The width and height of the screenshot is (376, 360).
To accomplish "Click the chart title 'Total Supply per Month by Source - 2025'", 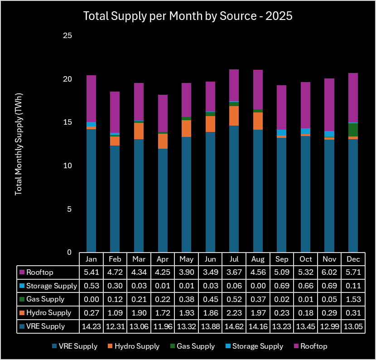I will coord(188,16).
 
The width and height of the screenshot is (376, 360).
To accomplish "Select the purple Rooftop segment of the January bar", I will coord(91,98).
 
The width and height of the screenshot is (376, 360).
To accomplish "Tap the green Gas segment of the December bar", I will coord(353,130).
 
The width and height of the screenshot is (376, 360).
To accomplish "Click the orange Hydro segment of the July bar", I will coord(234,116).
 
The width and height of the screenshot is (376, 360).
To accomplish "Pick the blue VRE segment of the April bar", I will coord(163,200).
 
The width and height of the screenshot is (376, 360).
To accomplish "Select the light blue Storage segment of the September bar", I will coord(281,132).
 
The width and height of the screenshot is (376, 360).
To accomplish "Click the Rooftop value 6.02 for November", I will coord(329,272).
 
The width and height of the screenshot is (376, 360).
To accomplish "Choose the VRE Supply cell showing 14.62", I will coord(234,326).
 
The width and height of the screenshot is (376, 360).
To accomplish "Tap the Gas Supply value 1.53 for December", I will coord(353,299).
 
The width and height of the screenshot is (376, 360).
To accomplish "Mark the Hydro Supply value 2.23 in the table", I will coord(234,313).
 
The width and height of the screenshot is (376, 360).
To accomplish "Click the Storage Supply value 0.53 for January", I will coord(91,286).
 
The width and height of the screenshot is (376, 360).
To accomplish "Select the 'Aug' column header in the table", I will coord(258,259).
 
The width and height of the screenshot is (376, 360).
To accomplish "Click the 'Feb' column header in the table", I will coord(115,259).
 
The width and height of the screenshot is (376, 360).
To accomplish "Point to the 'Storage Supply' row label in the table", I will coord(52,286).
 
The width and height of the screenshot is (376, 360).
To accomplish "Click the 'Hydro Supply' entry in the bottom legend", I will coord(137,346).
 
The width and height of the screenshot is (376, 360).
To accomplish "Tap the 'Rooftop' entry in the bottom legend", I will coord(313,346).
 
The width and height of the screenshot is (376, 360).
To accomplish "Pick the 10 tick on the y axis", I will coord(67,166).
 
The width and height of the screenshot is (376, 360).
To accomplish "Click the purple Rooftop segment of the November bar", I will coord(329,105).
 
